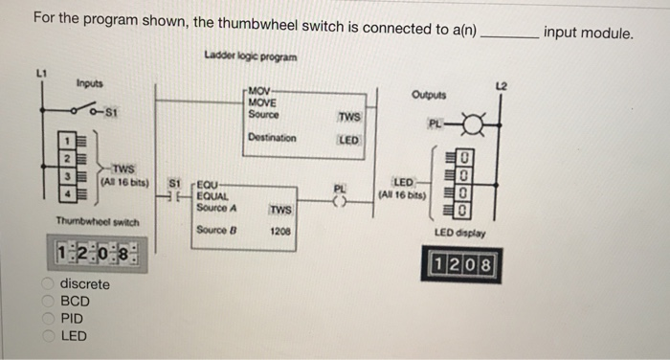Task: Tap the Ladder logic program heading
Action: coord(251,56)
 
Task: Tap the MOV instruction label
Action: coord(259,93)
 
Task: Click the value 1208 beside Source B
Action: coord(280,231)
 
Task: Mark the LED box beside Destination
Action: coord(348,140)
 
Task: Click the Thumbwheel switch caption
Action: coord(99,221)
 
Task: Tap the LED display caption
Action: coord(460,234)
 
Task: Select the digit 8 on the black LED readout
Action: coord(487,263)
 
